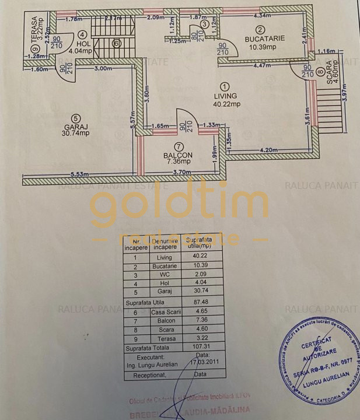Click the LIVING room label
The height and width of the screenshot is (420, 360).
(x=225, y=96)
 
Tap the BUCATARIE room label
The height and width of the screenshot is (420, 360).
(x=264, y=38)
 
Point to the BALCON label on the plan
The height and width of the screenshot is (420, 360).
(x=178, y=154)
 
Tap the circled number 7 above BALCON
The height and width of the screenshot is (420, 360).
(x=178, y=146)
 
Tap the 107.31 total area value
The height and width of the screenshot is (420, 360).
(x=200, y=346)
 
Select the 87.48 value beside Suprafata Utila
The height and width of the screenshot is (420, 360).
(x=200, y=302)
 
